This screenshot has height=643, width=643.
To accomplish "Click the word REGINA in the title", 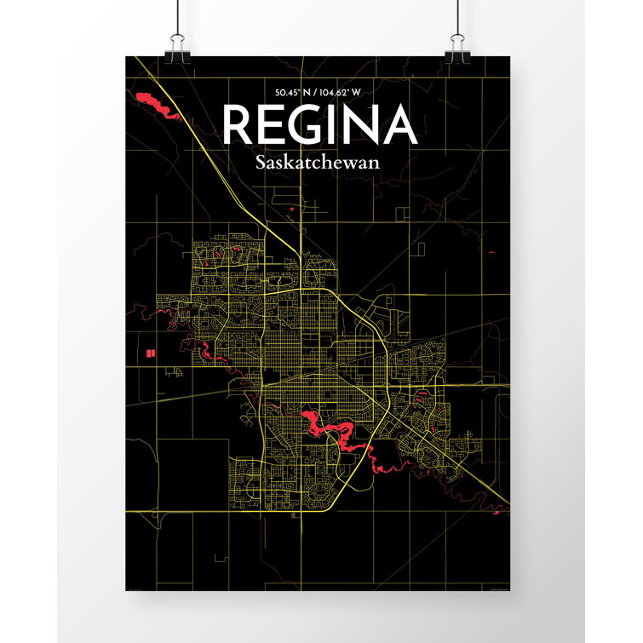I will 319,126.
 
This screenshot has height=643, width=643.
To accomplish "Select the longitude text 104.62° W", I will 347,92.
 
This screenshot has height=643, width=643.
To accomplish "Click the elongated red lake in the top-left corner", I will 153,106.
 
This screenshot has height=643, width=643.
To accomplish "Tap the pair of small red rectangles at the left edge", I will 149,352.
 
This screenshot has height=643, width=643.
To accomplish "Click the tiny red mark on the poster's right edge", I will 492,253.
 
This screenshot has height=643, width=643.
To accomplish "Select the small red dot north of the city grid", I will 291,210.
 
